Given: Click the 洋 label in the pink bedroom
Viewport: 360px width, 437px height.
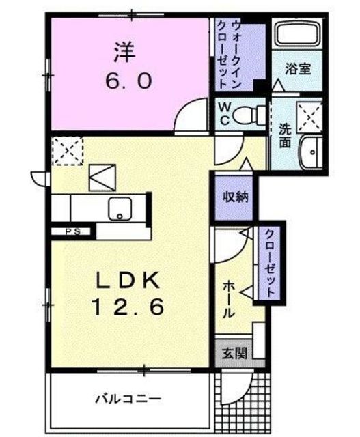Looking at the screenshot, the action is (124, 52).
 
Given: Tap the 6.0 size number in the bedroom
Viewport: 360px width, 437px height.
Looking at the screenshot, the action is (129, 81).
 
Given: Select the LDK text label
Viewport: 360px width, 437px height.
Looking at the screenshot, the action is (128, 279).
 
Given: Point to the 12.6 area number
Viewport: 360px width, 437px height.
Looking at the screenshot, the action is (128, 307).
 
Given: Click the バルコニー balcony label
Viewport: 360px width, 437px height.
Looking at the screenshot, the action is (128, 399).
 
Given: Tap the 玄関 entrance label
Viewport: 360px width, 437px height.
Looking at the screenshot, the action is (234, 354).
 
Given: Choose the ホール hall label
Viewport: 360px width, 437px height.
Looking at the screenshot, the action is (228, 299).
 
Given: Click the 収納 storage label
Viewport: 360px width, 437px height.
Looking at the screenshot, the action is (236, 197).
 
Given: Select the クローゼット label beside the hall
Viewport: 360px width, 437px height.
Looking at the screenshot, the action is (269, 264).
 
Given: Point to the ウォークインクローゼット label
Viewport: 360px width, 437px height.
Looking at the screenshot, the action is (229, 55).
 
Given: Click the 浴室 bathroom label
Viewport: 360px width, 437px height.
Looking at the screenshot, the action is (298, 68).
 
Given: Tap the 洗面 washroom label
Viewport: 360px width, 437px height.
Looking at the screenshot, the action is (286, 135).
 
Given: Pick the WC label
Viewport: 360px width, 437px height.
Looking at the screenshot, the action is (225, 113).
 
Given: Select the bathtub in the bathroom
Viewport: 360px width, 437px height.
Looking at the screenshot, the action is (297, 33).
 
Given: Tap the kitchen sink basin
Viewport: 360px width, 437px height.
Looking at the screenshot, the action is (120, 209).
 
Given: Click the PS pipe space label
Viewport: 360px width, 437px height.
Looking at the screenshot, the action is (73, 231).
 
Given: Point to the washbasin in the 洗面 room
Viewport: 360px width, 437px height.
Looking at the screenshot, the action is (311, 152).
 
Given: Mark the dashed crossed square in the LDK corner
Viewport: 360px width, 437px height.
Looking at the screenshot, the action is (68, 151).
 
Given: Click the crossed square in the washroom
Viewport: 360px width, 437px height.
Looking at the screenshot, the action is (309, 118).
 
